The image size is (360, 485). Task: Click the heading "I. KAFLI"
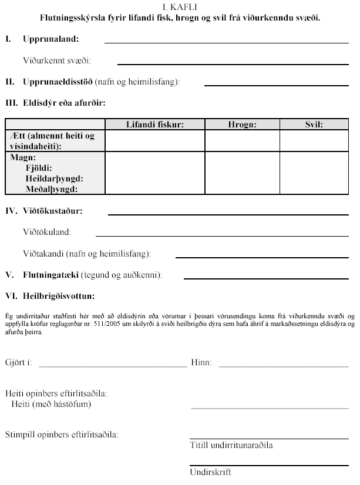(180, 8)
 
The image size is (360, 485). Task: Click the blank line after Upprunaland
(229, 43)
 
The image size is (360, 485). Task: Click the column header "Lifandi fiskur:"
(155, 124)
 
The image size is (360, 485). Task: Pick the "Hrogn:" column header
(242, 124)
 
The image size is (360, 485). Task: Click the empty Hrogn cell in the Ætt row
(242, 140)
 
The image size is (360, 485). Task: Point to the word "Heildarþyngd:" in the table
(54, 178)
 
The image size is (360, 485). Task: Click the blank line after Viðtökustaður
(231, 214)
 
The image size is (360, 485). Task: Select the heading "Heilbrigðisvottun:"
(58, 296)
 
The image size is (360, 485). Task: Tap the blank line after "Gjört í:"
(113, 366)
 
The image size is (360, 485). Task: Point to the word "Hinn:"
(201, 363)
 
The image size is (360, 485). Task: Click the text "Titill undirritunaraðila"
(231, 445)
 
